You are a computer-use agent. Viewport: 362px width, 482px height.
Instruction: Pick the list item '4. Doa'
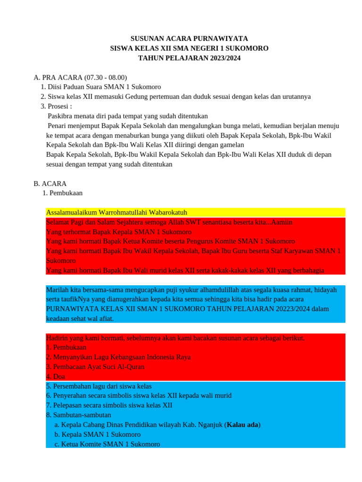point(56,377)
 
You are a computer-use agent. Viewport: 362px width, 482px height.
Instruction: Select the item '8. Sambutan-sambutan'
point(79,415)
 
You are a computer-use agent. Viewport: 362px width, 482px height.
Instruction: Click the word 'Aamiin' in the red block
point(282,222)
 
